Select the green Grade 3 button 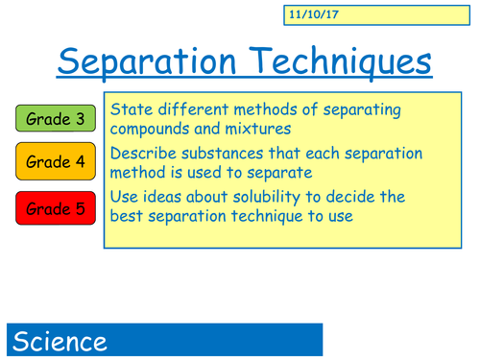(x=55, y=120)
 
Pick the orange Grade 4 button (x=55, y=162)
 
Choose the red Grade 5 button (x=55, y=205)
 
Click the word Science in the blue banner (x=60, y=342)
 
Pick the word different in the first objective (x=198, y=108)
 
